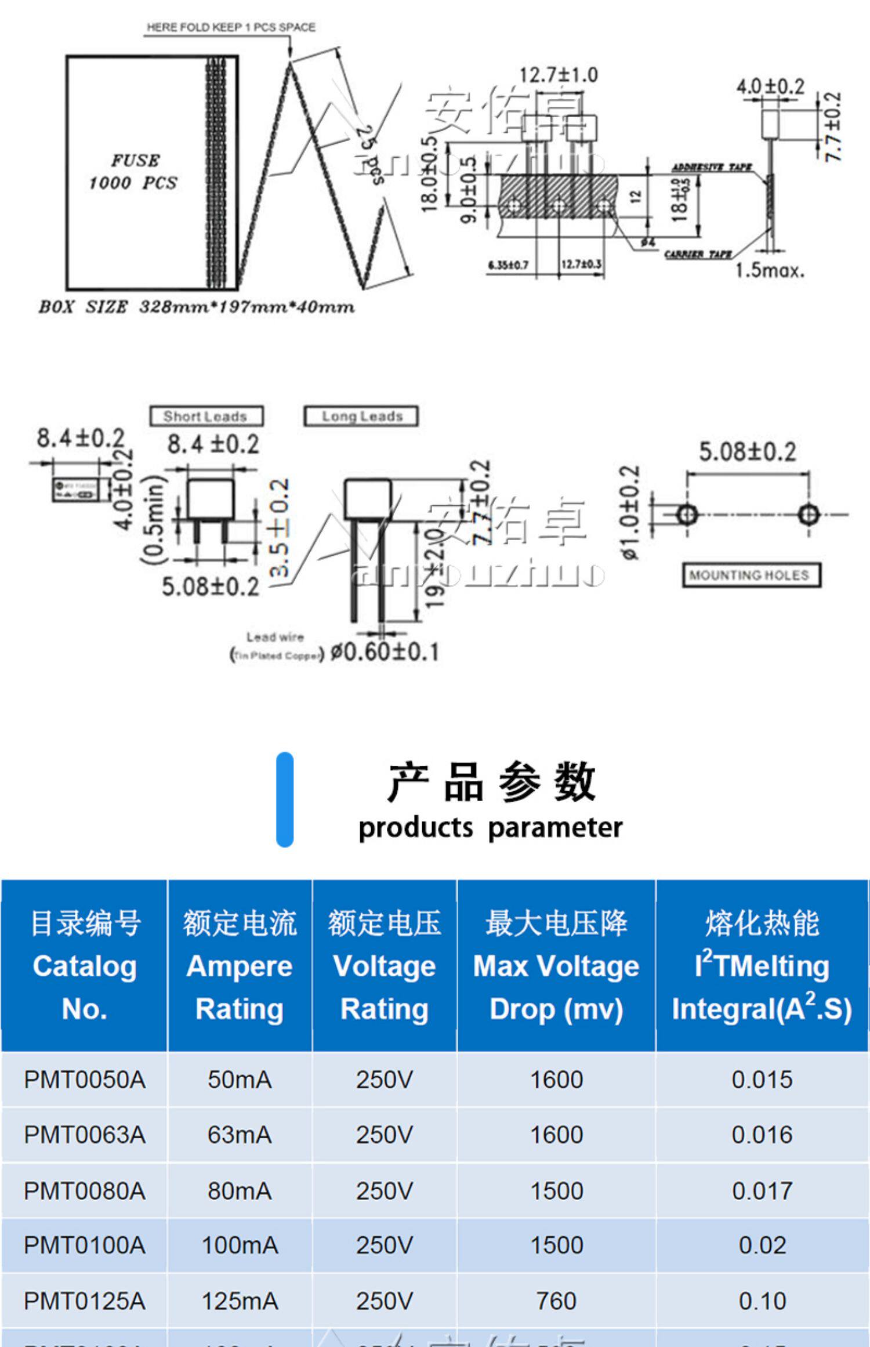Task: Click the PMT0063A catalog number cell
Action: (x=84, y=1135)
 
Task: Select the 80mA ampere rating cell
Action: (x=240, y=1191)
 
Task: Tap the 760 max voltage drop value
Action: (x=556, y=1301)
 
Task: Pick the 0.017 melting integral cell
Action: (x=762, y=1191)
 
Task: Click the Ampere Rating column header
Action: (x=240, y=966)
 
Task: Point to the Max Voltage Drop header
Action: (x=556, y=966)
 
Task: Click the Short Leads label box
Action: (x=206, y=416)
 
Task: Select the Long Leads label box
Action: (x=361, y=416)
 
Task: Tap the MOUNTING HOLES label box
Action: (x=750, y=575)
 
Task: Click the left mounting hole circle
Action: (x=687, y=514)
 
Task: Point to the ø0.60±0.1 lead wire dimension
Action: (x=385, y=651)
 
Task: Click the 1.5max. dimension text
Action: (x=770, y=270)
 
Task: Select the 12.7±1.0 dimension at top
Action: (x=557, y=75)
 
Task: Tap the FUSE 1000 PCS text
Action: (x=134, y=172)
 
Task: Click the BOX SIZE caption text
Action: (x=196, y=307)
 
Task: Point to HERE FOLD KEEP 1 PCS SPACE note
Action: (x=231, y=27)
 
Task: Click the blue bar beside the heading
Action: (x=285, y=799)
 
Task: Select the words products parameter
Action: (x=490, y=827)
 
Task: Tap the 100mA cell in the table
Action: (x=240, y=1246)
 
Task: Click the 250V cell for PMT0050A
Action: (x=384, y=1080)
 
